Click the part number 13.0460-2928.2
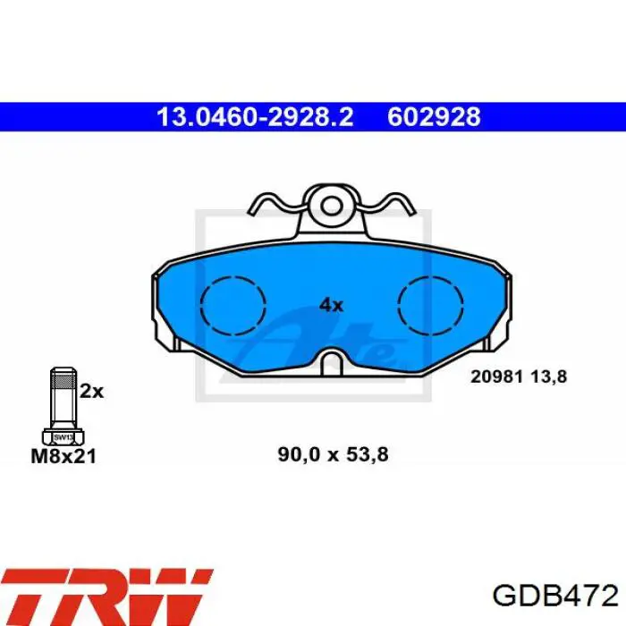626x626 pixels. point(255,117)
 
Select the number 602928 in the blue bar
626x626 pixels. point(434,117)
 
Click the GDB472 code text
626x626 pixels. point(555,596)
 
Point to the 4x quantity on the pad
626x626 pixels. point(331,306)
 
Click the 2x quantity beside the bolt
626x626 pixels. point(91,392)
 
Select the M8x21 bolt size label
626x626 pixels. point(63,456)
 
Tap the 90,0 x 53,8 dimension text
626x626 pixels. point(333,454)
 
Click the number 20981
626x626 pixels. point(496,376)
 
